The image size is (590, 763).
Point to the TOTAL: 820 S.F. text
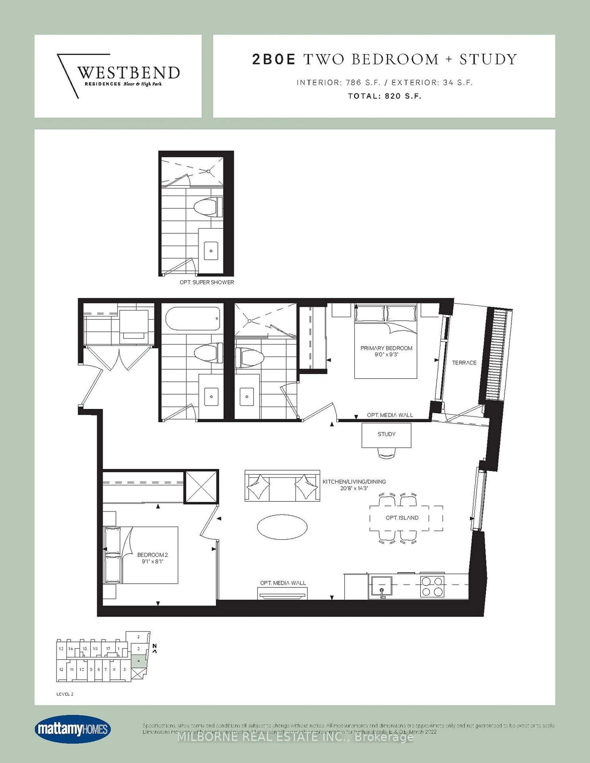[384, 96]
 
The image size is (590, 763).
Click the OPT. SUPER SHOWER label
[206, 282]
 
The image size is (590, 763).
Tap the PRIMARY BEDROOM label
[386, 348]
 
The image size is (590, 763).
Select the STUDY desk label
[386, 434]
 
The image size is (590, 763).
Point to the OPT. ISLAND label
[402, 518]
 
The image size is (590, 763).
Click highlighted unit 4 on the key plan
[139, 661]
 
